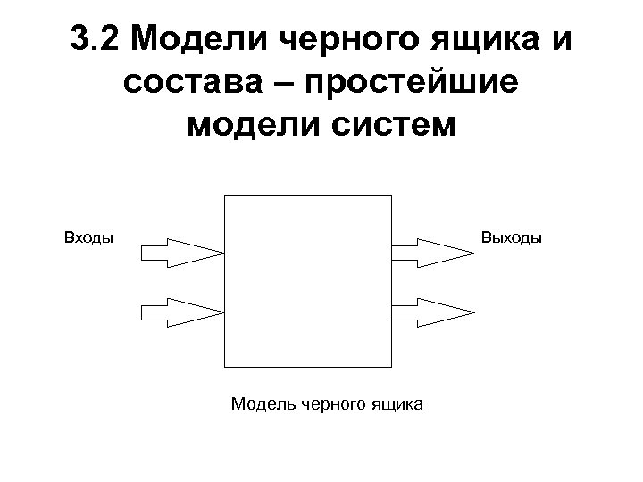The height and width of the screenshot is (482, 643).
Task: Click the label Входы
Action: point(88,238)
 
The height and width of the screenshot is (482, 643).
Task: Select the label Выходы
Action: point(511,238)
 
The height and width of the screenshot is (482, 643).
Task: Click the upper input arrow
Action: point(182,253)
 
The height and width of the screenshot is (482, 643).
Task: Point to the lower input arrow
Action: point(182,312)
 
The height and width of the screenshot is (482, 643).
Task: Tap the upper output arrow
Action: point(433,253)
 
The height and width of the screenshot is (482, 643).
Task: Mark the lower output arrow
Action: point(433,312)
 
